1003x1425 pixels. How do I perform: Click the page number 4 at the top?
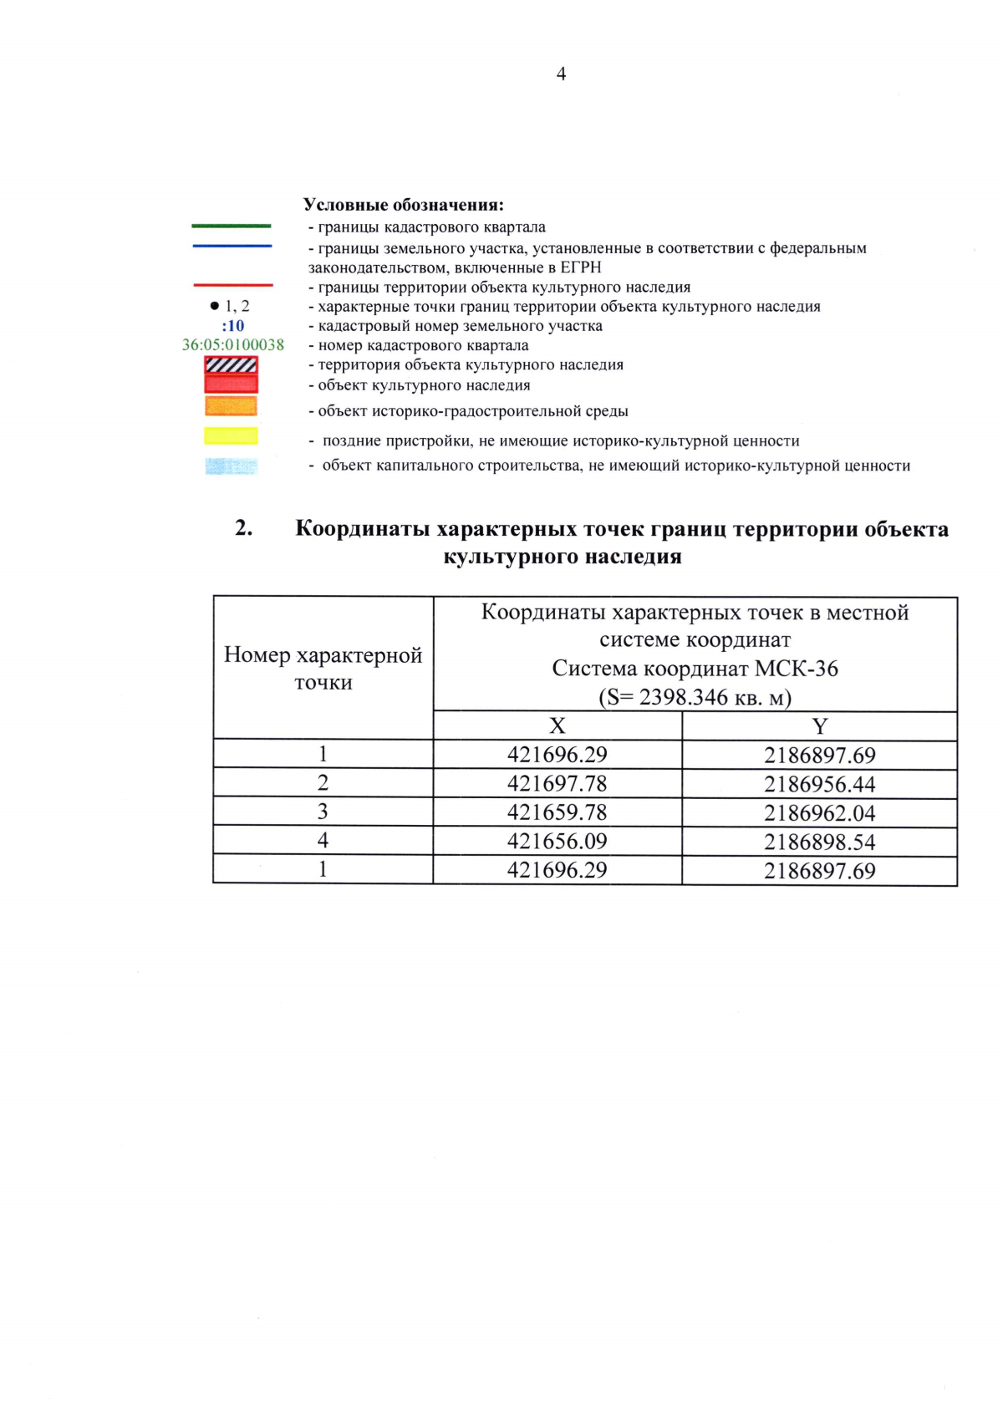(x=561, y=74)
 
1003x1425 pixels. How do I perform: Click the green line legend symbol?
(x=232, y=226)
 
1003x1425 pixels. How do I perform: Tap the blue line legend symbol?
(x=232, y=246)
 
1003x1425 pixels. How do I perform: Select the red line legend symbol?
(x=232, y=285)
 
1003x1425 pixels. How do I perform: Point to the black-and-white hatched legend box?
(x=232, y=365)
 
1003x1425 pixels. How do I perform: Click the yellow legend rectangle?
(x=232, y=435)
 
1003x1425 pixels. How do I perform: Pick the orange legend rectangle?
(x=232, y=406)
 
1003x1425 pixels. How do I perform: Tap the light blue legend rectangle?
(x=232, y=466)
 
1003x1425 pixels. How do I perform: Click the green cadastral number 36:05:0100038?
(x=233, y=345)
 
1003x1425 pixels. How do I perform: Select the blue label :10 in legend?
(x=233, y=326)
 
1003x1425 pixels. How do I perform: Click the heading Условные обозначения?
(x=403, y=205)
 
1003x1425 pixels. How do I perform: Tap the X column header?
(x=557, y=726)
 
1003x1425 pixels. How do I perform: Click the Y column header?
(x=819, y=726)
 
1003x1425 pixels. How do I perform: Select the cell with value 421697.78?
(x=557, y=784)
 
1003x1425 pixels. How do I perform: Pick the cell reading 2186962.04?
(x=819, y=813)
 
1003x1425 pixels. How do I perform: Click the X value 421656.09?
(x=557, y=842)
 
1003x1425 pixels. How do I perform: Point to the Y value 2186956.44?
(x=819, y=784)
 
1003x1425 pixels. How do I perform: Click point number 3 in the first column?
(x=323, y=812)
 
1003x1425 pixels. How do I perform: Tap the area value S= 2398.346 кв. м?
(x=695, y=697)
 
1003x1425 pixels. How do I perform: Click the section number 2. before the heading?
(x=244, y=528)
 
